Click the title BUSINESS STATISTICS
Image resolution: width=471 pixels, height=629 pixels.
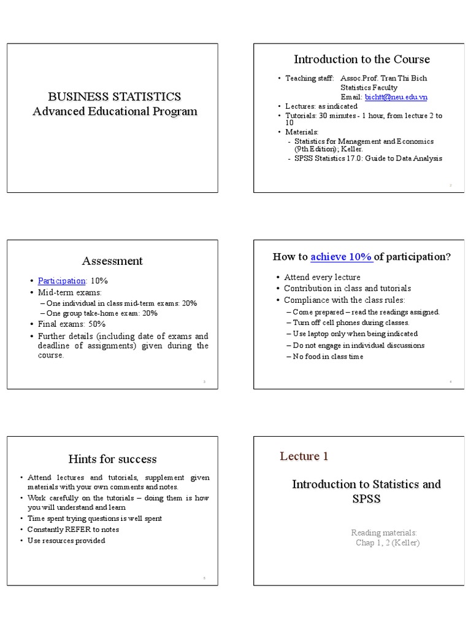pos(115,96)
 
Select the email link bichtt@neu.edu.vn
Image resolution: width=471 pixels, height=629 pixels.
pos(396,97)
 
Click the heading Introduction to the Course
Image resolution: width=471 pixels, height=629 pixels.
pos(361,60)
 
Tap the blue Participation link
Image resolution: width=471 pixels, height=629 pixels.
pos(61,281)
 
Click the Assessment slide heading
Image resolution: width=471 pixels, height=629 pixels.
pos(112,261)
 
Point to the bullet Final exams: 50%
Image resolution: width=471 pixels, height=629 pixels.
pos(72,324)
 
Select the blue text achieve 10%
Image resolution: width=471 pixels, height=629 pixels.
pos(341,257)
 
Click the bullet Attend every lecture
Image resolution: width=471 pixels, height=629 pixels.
pos(322,277)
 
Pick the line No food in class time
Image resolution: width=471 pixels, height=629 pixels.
pos(327,356)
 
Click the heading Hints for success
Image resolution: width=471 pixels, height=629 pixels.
pos(112,459)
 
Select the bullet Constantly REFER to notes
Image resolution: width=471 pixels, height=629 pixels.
pos(74,529)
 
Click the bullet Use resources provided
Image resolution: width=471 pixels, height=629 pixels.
pos(66,541)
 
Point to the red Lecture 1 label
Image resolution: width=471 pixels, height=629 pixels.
pos(304,456)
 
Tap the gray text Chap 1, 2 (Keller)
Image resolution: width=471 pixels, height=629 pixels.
pos(388,542)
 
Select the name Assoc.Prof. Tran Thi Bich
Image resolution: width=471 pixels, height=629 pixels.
pos(383,79)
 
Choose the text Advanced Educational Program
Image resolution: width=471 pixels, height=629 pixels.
pos(115,111)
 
